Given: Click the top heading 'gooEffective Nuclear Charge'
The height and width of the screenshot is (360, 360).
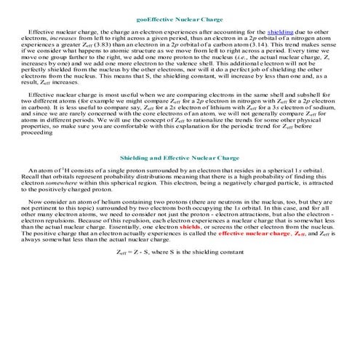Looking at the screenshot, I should tap(180, 20).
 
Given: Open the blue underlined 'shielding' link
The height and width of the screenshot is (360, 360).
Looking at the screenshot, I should tap(280, 33).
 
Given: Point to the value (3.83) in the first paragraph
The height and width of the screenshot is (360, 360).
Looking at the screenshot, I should tap(105, 45).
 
